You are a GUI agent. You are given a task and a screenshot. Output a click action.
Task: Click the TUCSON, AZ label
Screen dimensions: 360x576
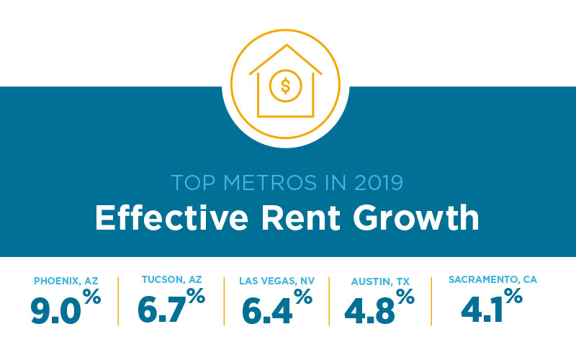pos(171,280)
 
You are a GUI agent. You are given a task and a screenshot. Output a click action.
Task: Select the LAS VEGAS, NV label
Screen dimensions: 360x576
pos(276,280)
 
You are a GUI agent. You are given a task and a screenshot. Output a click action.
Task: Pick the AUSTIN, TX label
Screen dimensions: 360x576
pos(381,280)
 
